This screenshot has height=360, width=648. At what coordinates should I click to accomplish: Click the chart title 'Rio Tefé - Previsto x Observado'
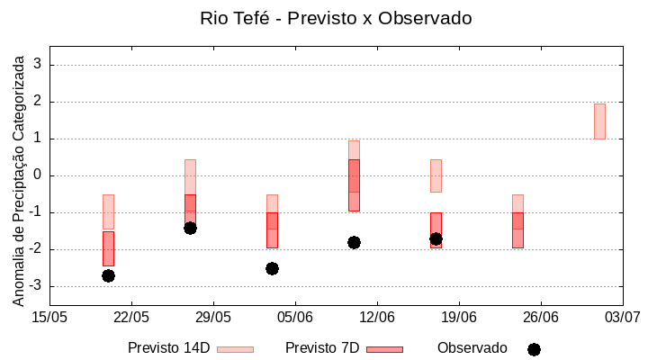click(335, 18)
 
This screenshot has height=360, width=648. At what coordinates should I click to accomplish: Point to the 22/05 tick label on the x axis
click(131, 317)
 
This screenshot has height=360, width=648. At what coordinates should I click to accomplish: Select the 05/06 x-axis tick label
click(294, 317)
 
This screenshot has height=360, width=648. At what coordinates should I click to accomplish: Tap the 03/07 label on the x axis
click(621, 317)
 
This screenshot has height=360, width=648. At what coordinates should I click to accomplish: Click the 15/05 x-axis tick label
click(49, 317)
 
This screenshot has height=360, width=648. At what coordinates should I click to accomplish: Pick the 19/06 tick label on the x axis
click(458, 317)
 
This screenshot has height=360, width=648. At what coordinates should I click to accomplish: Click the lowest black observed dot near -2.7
click(108, 275)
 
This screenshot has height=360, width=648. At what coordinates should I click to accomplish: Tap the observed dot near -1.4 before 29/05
click(190, 228)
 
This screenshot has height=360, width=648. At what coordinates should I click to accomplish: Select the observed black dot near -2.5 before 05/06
click(272, 268)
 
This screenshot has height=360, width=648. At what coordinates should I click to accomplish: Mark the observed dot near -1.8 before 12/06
click(354, 242)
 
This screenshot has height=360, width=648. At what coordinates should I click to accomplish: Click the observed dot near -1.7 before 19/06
click(436, 238)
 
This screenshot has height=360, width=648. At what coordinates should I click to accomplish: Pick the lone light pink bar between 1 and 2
click(599, 121)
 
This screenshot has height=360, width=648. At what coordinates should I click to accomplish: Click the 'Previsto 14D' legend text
click(168, 348)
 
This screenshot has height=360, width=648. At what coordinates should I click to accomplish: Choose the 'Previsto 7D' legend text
click(322, 348)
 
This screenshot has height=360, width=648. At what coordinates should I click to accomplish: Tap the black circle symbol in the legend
click(534, 349)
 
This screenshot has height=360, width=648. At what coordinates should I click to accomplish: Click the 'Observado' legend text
click(472, 348)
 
